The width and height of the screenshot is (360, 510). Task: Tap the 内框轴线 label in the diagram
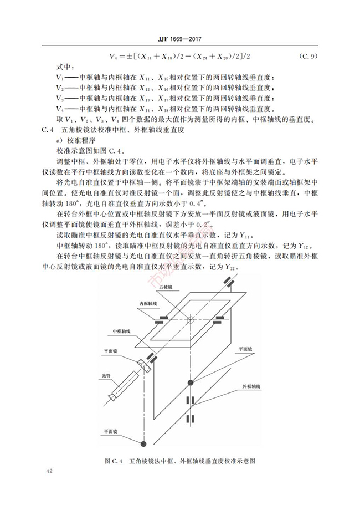pyautogui.click(x=148, y=304)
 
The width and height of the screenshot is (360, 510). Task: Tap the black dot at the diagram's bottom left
pyautogui.click(x=143, y=443)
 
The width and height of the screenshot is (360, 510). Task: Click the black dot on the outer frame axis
pyautogui.click(x=191, y=382)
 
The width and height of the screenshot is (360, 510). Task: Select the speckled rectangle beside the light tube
pyautogui.click(x=145, y=366)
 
